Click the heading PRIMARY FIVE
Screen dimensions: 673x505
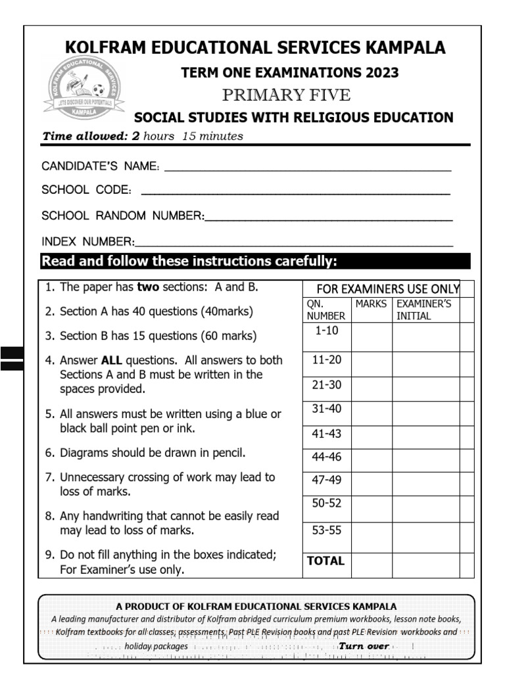coord(286,95)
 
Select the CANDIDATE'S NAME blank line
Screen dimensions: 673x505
coord(307,170)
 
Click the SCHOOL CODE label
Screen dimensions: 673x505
coord(86,190)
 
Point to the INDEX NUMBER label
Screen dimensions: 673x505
coord(87,241)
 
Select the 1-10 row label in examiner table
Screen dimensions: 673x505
coord(327,331)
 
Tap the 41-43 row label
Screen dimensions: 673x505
coord(327,434)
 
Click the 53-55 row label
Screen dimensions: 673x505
coord(327,530)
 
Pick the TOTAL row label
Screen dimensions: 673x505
coord(325,561)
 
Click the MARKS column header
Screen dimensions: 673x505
coord(372,304)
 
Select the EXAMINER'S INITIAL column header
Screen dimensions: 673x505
coord(423,310)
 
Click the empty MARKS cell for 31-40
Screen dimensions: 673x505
coord(372,413)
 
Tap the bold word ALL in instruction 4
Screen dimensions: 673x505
coord(112,360)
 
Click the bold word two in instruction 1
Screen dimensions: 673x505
coord(149,287)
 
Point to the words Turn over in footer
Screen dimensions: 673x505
coord(364,646)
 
